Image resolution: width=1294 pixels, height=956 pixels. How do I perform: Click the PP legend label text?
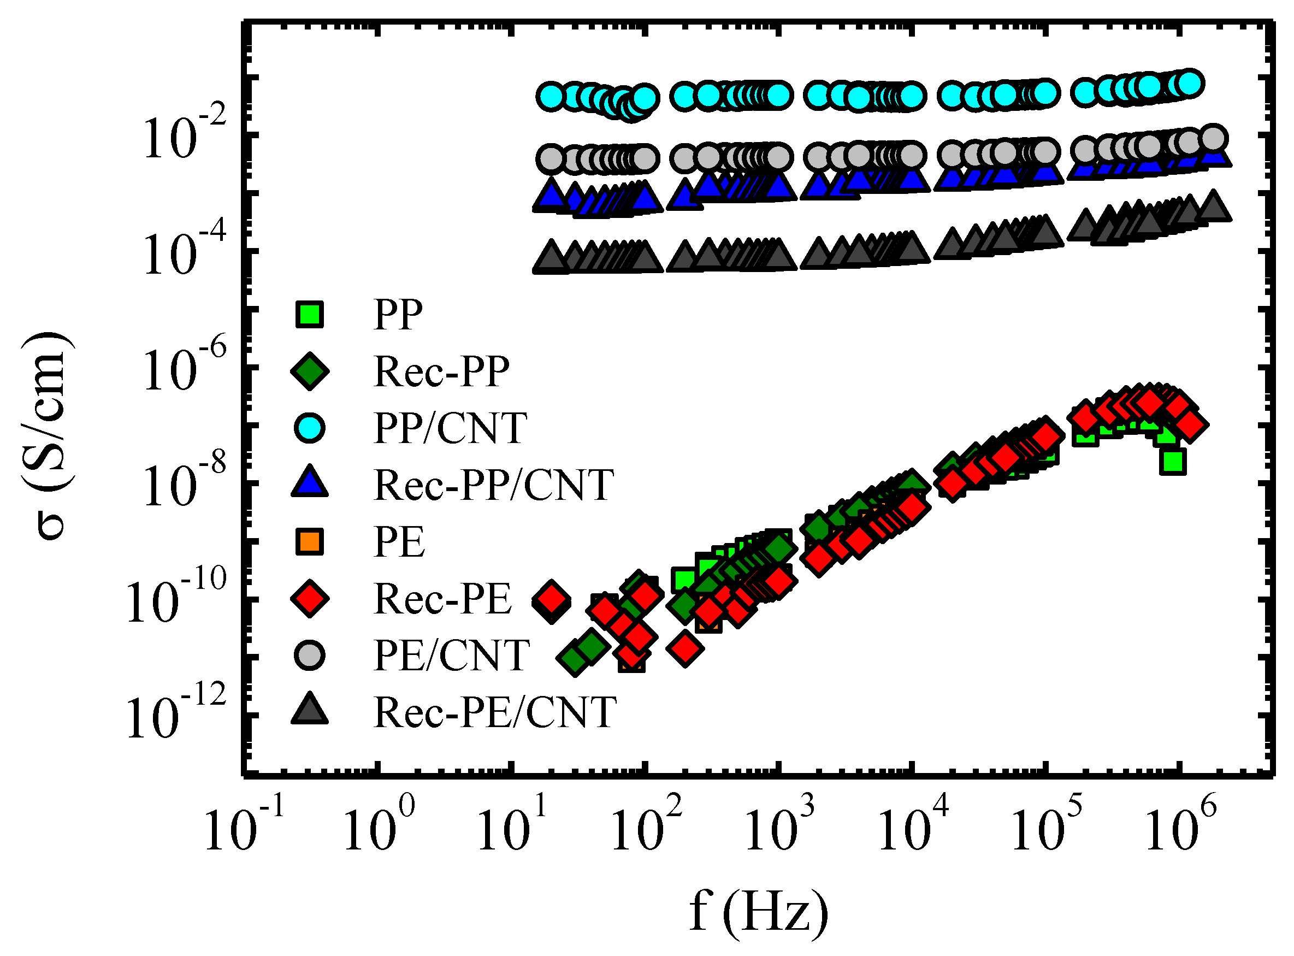(399, 315)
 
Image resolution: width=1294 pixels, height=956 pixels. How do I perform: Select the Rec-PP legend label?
(442, 371)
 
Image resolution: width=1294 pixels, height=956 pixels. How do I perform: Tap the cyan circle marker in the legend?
(310, 428)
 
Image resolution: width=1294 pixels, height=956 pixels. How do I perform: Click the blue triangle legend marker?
(310, 482)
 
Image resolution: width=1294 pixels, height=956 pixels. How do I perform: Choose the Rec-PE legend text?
(443, 599)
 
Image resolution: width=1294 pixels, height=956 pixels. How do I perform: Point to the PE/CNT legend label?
(451, 656)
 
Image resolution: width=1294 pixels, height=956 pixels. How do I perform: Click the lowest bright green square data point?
(1173, 462)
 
